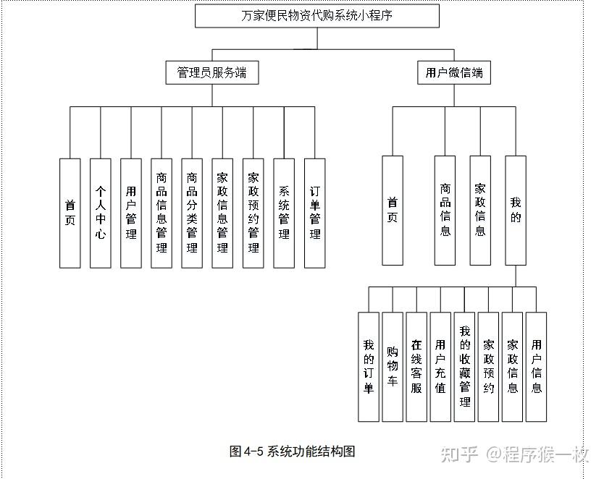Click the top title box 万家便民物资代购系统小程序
pyautogui.click(x=317, y=15)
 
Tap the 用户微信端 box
pyautogui.click(x=454, y=72)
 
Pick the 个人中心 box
pyautogui.click(x=101, y=213)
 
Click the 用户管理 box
pyautogui.click(x=131, y=213)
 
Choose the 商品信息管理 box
pyautogui.click(x=162, y=213)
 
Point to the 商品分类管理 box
pyautogui.click(x=192, y=213)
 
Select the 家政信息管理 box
pyautogui.click(x=222, y=213)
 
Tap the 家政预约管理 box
pyautogui.click(x=253, y=213)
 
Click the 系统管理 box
pyautogui.click(x=284, y=213)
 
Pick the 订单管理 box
pyautogui.click(x=315, y=213)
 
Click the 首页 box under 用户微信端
pyautogui.click(x=393, y=210)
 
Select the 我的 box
pyautogui.click(x=515, y=210)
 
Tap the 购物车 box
pyautogui.click(x=393, y=366)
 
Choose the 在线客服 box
pyautogui.click(x=416, y=366)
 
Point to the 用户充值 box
pyautogui.click(x=440, y=366)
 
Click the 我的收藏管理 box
pyautogui.click(x=464, y=366)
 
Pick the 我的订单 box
pyautogui.click(x=369, y=366)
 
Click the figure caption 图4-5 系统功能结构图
pyautogui.click(x=292, y=452)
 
